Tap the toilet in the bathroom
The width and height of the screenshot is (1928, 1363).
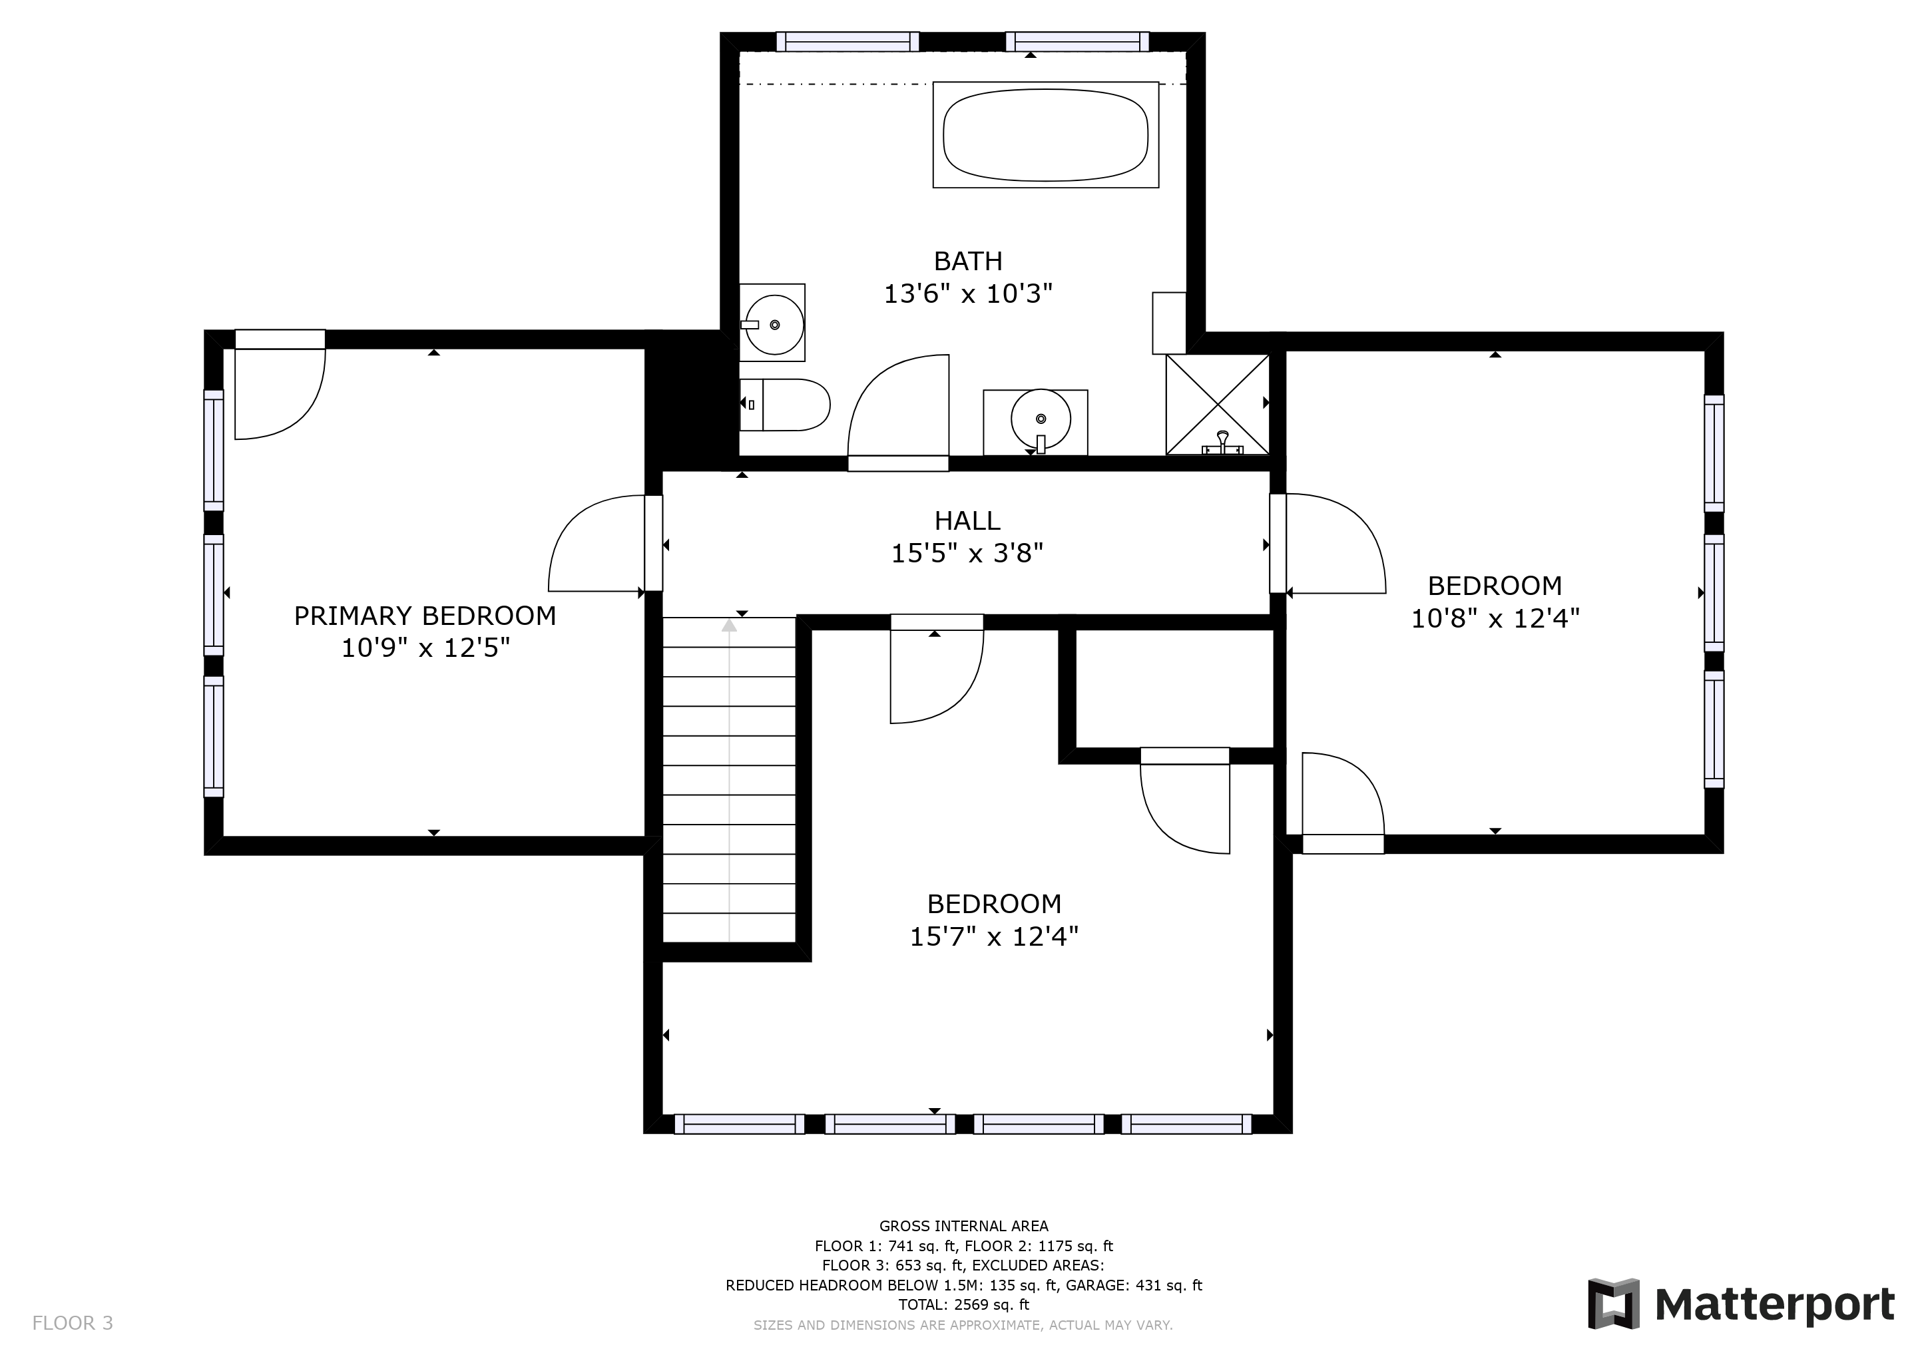[x=784, y=405]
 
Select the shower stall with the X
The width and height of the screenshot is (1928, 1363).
[x=1218, y=405]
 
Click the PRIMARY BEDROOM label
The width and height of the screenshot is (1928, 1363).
[x=425, y=616]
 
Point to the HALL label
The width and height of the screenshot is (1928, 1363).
[x=967, y=521]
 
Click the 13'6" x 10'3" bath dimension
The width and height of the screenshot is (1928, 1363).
[x=968, y=293]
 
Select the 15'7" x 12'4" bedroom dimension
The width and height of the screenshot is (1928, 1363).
[x=994, y=936]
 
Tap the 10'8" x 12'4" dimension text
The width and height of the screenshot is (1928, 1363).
[x=1495, y=618]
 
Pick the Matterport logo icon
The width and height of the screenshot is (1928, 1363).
[x=1613, y=1303]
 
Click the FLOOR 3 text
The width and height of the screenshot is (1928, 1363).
[x=72, y=1324]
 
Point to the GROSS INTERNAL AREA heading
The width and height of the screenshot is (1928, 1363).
[x=964, y=1226]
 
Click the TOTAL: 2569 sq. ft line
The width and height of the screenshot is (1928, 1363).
[x=964, y=1304]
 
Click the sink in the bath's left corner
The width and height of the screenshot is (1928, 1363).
[x=772, y=323]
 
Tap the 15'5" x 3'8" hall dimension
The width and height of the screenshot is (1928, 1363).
[x=967, y=554]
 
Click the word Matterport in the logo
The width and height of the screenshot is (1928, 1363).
[x=1774, y=1304]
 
